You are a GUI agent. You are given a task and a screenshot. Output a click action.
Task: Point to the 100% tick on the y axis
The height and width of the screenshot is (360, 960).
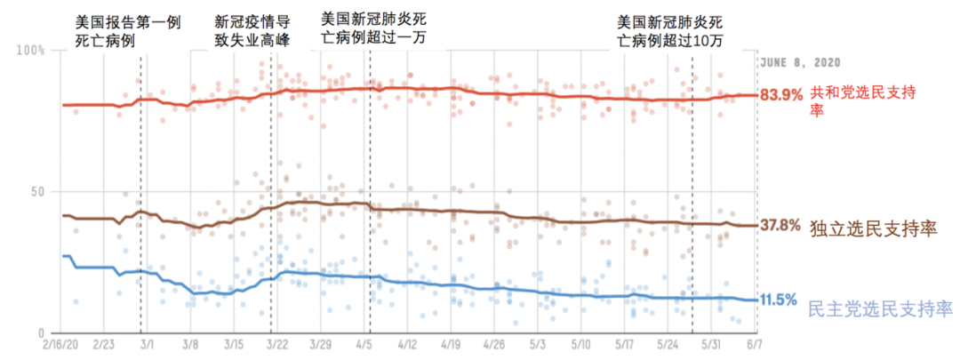[x=32, y=51]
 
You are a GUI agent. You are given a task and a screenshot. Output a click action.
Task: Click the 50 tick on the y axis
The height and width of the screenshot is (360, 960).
[x=36, y=191]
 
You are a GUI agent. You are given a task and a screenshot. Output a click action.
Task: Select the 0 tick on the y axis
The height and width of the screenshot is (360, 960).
[x=41, y=331]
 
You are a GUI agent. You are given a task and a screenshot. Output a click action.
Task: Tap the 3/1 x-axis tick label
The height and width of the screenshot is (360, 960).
[x=147, y=342]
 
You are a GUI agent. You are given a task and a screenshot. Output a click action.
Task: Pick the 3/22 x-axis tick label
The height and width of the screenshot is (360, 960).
[x=276, y=342]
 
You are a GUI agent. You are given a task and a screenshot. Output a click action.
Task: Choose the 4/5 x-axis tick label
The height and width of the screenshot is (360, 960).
[x=364, y=342]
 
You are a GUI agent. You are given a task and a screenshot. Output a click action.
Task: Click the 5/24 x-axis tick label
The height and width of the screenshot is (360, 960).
[x=669, y=342]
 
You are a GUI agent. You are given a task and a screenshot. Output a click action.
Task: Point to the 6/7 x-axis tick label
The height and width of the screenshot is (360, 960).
[x=753, y=342]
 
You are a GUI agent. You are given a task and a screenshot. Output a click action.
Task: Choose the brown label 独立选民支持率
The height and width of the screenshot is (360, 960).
[x=874, y=229]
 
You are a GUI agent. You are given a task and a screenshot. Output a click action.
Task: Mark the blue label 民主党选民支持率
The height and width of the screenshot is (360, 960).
[x=880, y=309]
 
